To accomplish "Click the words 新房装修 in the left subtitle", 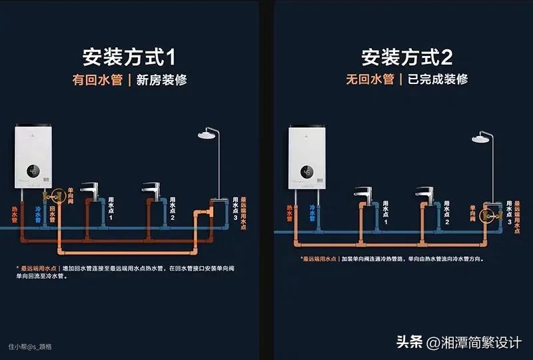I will (161, 80).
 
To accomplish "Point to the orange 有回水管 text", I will (99, 80).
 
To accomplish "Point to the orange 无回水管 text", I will (370, 79).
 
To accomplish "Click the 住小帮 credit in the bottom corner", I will (30, 347).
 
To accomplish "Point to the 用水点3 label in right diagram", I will (510, 212).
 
